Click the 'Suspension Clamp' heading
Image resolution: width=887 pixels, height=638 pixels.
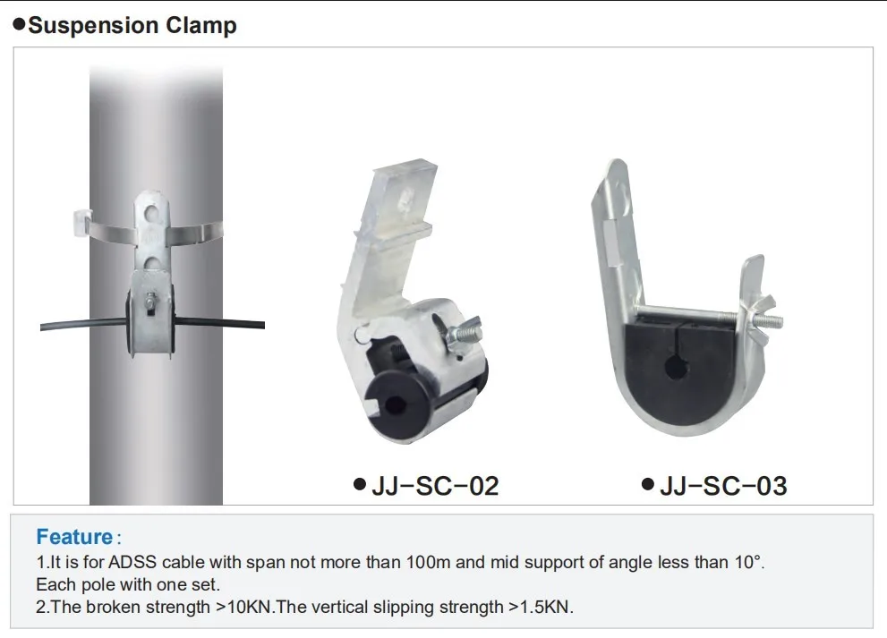[x=132, y=25]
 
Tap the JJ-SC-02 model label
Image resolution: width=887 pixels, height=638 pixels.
[x=434, y=486]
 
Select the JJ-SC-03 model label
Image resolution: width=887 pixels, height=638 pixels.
[x=723, y=486]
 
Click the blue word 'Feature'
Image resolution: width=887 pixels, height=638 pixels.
[x=73, y=538]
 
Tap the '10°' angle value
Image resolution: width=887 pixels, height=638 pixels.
[x=746, y=563]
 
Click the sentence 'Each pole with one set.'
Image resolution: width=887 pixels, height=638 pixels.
[x=127, y=585]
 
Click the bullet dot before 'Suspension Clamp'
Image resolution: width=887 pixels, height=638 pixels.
[x=18, y=24]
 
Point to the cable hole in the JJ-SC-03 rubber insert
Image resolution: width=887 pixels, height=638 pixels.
[x=673, y=366]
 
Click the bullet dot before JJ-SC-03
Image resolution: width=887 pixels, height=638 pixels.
[x=648, y=485]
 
